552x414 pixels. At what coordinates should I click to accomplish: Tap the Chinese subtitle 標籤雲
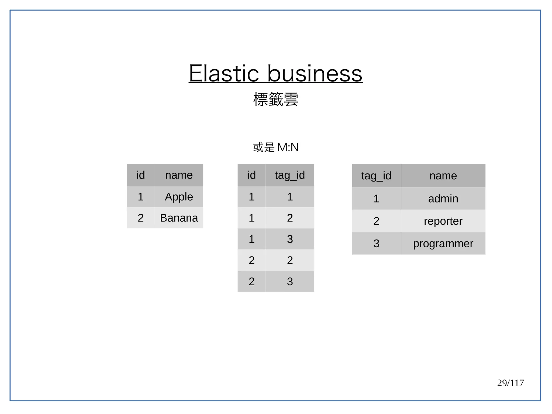(x=276, y=99)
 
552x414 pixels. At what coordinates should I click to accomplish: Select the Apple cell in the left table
(x=179, y=197)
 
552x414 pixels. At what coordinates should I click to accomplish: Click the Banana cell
(x=179, y=218)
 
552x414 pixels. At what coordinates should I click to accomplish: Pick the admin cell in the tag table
(x=443, y=199)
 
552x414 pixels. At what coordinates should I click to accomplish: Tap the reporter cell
(x=443, y=221)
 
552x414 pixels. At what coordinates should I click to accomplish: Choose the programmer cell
(x=443, y=244)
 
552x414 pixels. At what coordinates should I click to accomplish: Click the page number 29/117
(x=510, y=383)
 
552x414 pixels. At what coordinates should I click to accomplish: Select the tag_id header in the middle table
(x=290, y=175)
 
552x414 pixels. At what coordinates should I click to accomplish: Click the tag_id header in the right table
(x=376, y=176)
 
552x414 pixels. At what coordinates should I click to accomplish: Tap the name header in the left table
(x=179, y=175)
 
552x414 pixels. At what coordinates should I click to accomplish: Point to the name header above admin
(x=443, y=176)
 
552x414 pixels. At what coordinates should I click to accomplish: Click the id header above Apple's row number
(x=140, y=175)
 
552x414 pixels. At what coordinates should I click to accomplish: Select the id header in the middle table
(x=251, y=175)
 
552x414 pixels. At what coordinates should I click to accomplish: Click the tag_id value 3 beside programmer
(x=376, y=244)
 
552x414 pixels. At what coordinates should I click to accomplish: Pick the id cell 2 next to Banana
(x=140, y=218)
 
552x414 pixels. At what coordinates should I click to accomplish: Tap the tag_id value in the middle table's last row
(x=290, y=281)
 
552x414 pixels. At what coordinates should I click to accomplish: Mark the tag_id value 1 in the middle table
(x=290, y=197)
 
